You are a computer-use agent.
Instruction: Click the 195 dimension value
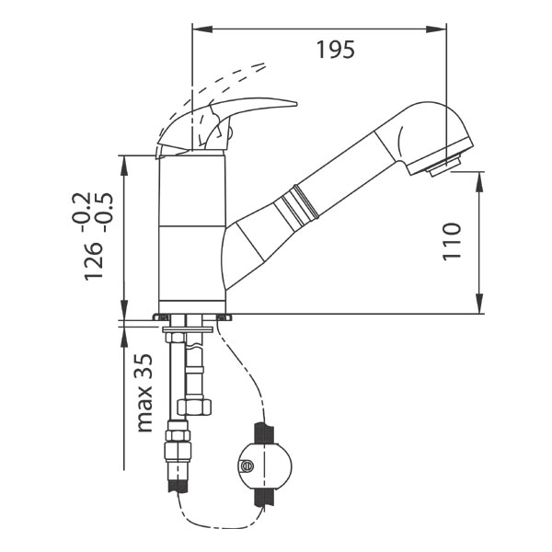tap(336, 50)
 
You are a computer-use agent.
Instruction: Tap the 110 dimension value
tap(452, 241)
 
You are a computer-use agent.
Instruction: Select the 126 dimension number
tap(94, 261)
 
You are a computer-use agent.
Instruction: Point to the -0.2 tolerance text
tap(81, 212)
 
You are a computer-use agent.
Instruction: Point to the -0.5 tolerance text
tap(103, 212)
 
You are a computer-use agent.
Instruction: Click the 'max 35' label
tap(144, 393)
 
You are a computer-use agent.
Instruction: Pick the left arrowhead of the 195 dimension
tap(202, 29)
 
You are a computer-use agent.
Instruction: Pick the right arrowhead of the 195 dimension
tap(436, 29)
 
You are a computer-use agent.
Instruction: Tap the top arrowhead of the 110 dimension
tap(479, 182)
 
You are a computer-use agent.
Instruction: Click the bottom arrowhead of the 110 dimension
tap(479, 303)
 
